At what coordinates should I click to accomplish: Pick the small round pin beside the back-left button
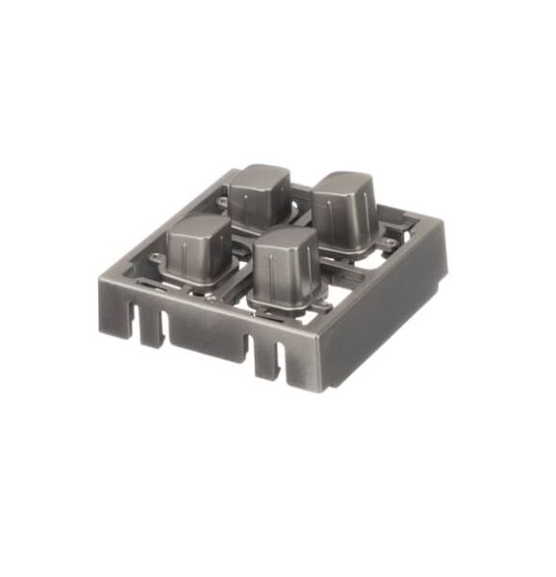pyautogui.click(x=223, y=204)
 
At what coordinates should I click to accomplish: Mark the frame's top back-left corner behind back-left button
pyautogui.click(x=232, y=173)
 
